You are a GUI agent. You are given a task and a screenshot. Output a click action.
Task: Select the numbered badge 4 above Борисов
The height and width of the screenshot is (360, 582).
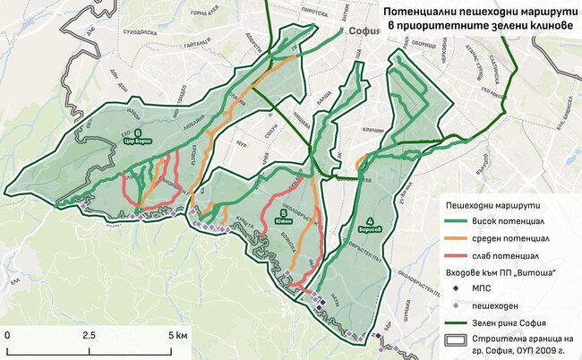[x=369, y=221]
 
